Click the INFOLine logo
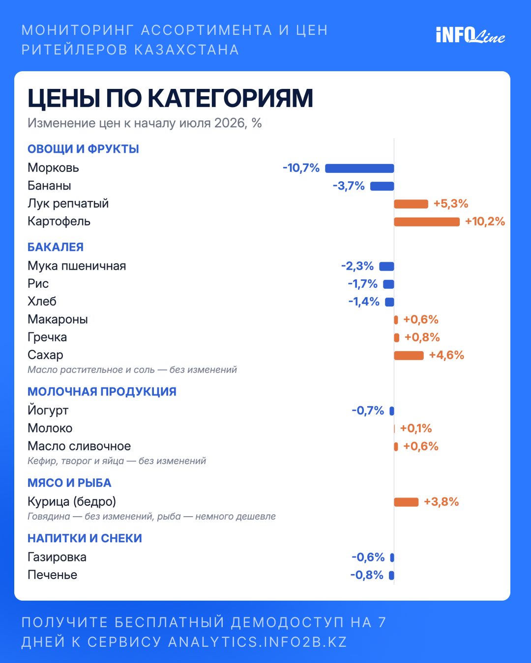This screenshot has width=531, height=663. (x=471, y=35)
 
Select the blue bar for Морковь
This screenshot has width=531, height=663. (x=359, y=168)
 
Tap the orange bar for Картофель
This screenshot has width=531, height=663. (x=427, y=222)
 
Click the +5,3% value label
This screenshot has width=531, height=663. (x=451, y=204)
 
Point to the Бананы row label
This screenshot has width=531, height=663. (x=49, y=186)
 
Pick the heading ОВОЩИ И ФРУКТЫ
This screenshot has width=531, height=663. (x=83, y=149)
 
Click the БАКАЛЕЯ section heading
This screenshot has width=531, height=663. (x=56, y=247)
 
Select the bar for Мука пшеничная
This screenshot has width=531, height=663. (x=386, y=266)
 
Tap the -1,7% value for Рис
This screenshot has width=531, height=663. (x=362, y=284)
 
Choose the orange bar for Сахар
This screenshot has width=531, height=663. (x=409, y=356)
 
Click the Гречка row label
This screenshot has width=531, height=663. (x=47, y=337)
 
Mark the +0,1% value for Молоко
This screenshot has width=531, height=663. (x=416, y=429)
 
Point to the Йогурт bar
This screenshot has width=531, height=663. (x=392, y=411)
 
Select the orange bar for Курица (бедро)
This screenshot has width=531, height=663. (x=406, y=502)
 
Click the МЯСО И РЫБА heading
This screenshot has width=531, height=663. (x=69, y=483)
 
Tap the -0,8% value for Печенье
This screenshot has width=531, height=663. (x=367, y=575)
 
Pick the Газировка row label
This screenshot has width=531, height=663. (x=57, y=557)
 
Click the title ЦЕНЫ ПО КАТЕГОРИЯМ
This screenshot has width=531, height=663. (x=170, y=99)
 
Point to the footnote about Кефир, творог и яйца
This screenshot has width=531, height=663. (x=117, y=461)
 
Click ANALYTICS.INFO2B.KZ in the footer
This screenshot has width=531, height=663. (x=258, y=642)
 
